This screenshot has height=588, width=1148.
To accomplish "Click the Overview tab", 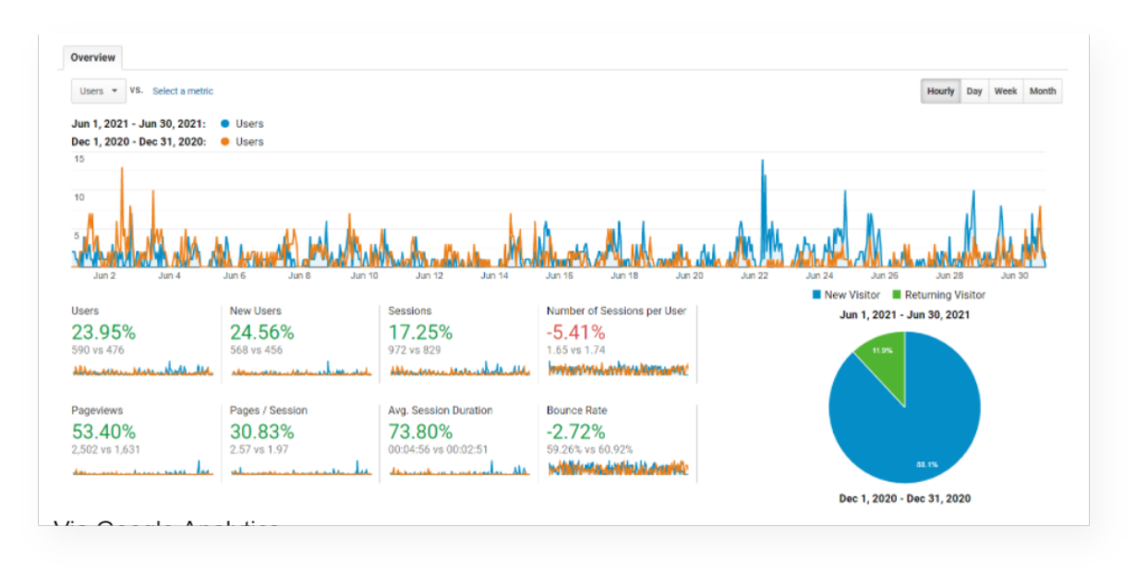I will point(92,57).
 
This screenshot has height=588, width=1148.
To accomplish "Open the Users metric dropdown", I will point(98,91).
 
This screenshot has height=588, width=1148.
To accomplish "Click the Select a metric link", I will point(183,91).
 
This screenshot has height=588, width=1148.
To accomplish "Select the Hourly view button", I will point(940,91).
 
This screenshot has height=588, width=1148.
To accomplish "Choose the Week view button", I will point(1006,91).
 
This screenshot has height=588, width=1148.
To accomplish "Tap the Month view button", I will point(1043,91).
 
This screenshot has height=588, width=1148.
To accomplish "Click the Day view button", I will point(974,91).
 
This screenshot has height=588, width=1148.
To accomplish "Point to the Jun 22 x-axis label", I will point(755,276).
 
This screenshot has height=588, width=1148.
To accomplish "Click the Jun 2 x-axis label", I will point(104,276).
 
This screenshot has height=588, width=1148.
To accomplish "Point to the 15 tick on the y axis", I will point(79,159).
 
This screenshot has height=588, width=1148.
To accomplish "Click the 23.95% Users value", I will point(103,332).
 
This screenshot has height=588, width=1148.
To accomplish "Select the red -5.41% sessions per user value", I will point(575,332).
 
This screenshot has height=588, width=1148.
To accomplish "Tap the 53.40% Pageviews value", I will point(103,431).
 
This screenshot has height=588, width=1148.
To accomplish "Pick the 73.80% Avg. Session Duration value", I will point(420,431).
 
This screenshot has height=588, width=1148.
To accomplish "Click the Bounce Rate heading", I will point(576,410).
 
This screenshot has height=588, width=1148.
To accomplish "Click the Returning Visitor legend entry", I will point(938,295).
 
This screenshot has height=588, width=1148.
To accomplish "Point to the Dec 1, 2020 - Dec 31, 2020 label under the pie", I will point(904,498).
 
